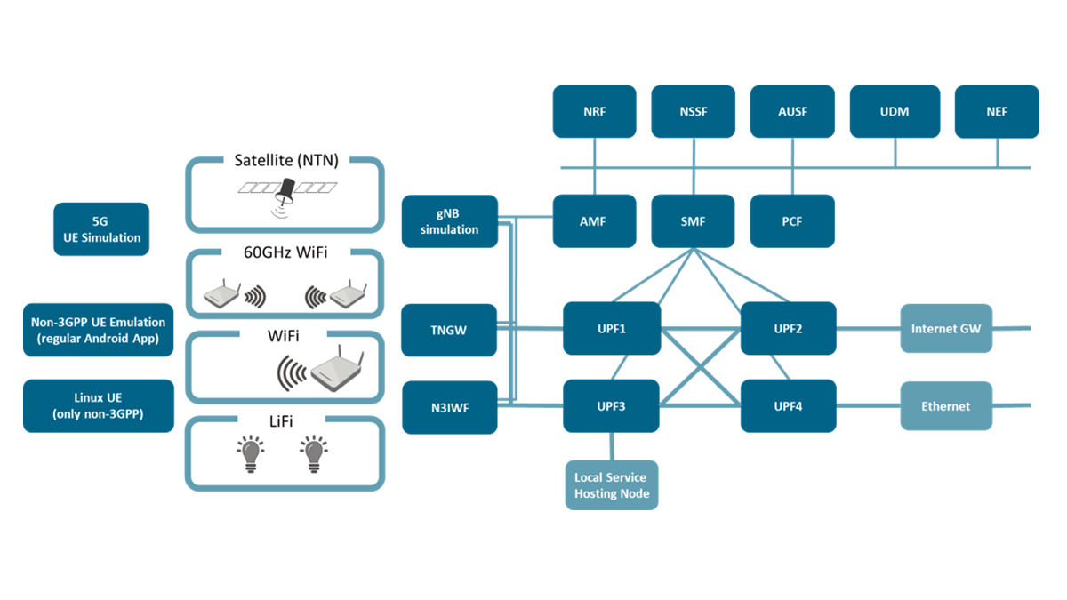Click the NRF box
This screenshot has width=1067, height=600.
[x=594, y=112]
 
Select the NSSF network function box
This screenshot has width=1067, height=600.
[x=693, y=112]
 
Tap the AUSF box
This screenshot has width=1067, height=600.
[x=792, y=112]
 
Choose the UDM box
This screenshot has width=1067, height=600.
[x=894, y=112]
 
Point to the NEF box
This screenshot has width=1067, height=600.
[x=997, y=112]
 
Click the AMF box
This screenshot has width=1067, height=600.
[x=594, y=221]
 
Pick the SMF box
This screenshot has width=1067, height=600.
[x=693, y=221]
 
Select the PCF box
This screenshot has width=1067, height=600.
[x=792, y=221]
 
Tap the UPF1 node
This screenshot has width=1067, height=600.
[x=612, y=329]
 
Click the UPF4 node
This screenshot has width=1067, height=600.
[x=788, y=406]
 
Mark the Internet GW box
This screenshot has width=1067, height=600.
[x=946, y=329]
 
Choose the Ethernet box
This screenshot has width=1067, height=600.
[x=946, y=406]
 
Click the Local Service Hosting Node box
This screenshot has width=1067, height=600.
[x=612, y=485]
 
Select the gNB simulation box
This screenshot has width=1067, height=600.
[x=450, y=221]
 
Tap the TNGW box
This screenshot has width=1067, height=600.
[x=450, y=330]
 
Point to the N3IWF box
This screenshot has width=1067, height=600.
[x=450, y=407]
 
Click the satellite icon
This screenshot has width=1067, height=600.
[x=287, y=193]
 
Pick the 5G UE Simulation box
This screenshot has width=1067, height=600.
[x=101, y=229]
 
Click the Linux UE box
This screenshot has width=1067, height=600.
[x=98, y=406]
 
